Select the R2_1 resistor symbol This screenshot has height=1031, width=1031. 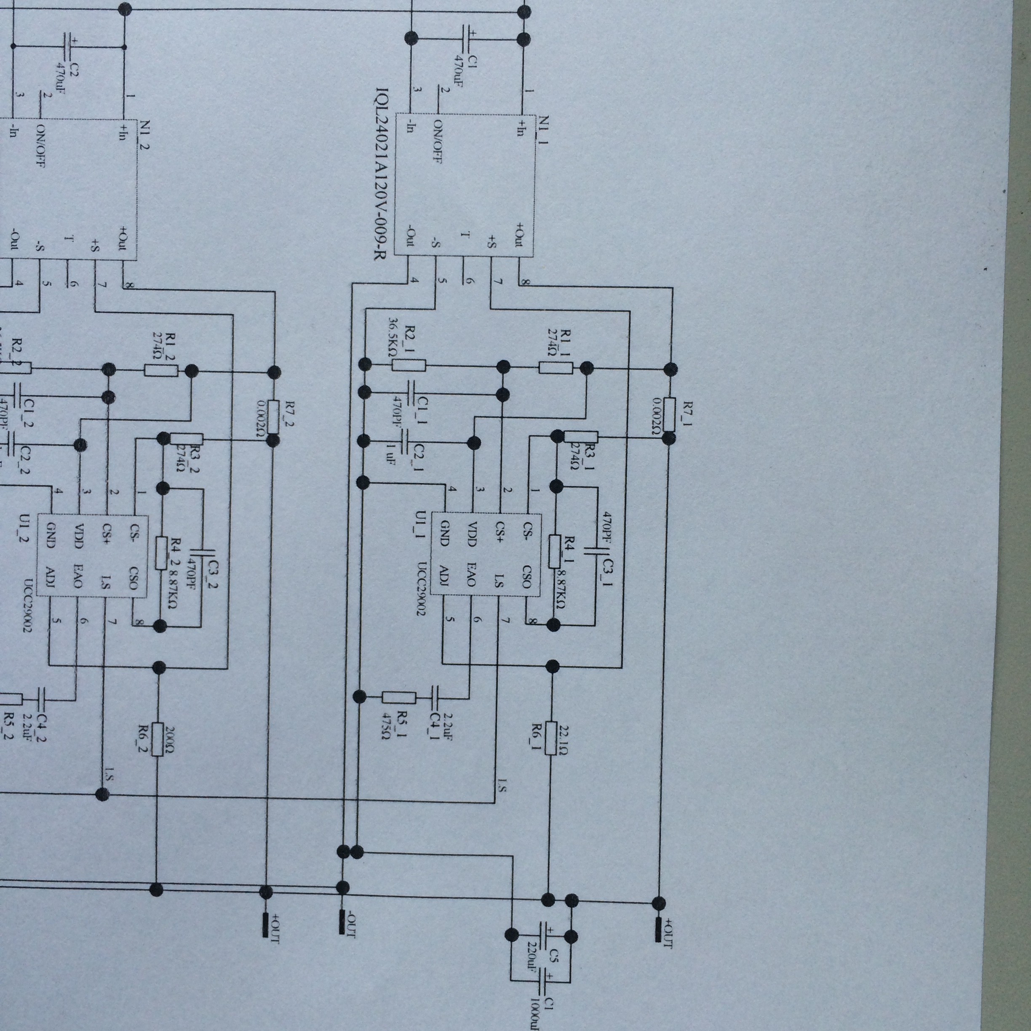409,365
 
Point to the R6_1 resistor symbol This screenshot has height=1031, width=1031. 551,739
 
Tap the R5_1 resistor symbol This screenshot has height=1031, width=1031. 399,697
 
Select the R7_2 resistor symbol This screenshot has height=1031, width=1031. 274,416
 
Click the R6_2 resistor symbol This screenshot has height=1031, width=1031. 157,739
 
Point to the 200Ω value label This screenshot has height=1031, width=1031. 171,739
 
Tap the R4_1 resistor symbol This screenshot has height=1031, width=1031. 555,551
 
